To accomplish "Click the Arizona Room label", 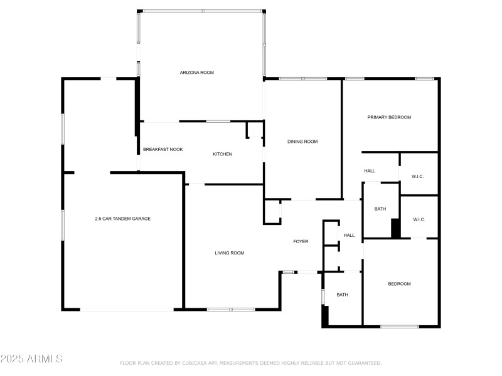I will (198, 73).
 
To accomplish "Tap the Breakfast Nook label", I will (163, 150).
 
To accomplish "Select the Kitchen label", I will (223, 154).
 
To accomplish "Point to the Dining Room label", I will (302, 142).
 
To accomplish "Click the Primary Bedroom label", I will (389, 117).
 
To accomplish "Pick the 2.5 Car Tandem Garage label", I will (122, 219).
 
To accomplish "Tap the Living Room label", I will (229, 253).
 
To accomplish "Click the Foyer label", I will (301, 241).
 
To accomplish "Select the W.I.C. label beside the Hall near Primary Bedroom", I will (418, 177).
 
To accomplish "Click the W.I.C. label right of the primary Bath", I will (419, 219).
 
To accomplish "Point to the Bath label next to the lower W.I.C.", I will (380, 209).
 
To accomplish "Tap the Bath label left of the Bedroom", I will (342, 295).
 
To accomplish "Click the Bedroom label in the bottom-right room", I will (399, 284).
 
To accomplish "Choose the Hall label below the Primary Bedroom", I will (370, 171).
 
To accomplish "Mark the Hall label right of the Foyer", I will (349, 236).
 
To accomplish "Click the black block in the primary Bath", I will (395, 228).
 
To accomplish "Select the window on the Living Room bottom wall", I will (231, 309).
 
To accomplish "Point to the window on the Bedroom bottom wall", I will (400, 326).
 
